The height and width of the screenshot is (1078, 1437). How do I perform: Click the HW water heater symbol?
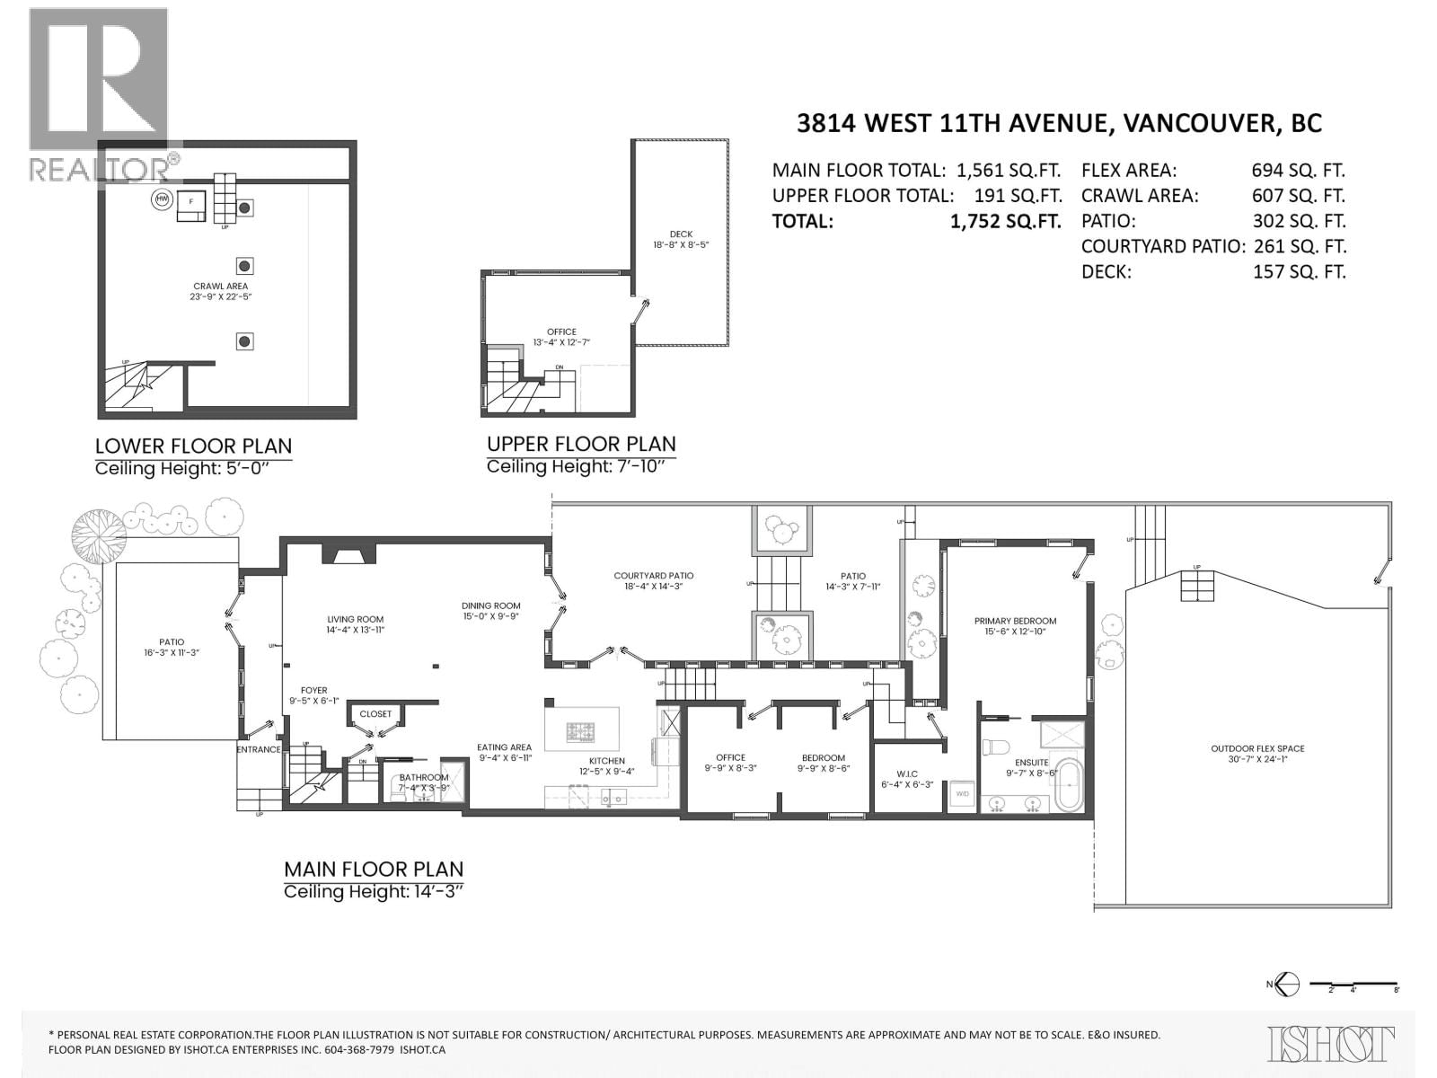pos(163,199)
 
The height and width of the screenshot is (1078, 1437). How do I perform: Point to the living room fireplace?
pos(344,557)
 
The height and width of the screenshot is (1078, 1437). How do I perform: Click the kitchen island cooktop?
pos(581,732)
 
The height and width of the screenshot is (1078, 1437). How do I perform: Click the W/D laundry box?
pos(961,794)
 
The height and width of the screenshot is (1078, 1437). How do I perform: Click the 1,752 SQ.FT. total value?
pos(1005,221)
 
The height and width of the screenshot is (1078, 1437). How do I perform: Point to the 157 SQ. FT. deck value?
pos(1299,271)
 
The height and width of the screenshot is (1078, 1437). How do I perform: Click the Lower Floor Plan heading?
pos(193,446)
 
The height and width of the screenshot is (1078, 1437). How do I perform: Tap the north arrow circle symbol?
pos(1289,984)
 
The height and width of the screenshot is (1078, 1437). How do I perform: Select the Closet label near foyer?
pos(375,714)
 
